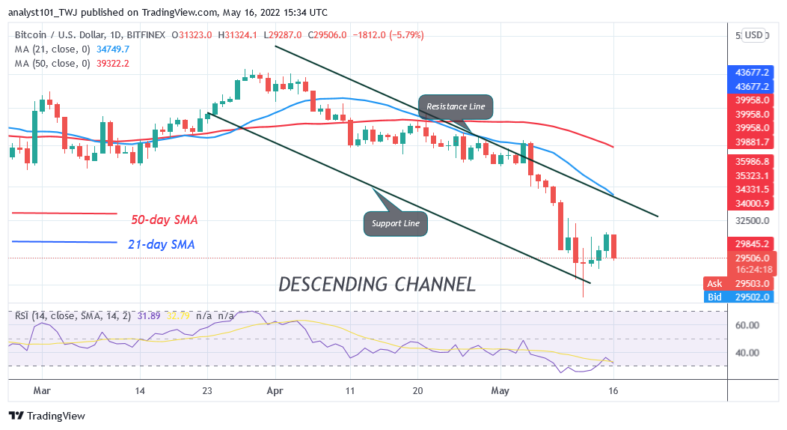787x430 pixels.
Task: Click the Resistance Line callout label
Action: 456,106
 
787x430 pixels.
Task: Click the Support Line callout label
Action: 396,222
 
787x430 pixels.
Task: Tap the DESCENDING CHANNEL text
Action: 376,285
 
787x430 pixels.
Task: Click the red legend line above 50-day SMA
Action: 64,214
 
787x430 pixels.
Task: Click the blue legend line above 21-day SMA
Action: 64,242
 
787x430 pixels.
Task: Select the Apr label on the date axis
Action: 275,390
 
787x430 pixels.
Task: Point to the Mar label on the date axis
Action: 43,390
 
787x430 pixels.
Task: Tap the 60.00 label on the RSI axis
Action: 749,325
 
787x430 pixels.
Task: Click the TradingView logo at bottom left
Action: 47,416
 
